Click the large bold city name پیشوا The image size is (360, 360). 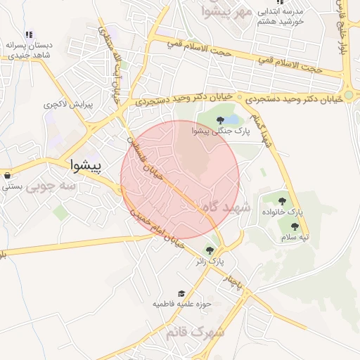pyautogui.click(x=86, y=166)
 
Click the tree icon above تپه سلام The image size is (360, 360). pyautogui.click(x=294, y=226)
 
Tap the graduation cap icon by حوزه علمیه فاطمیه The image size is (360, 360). pyautogui.click(x=181, y=293)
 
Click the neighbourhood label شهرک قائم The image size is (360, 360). pyautogui.click(x=195, y=331)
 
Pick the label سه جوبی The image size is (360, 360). pyautogui.click(x=58, y=186)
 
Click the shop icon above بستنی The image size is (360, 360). pyautogui.click(x=7, y=176)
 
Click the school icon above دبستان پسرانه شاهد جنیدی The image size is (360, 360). pyautogui.click(x=28, y=34)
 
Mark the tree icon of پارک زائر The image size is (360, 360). pyautogui.click(x=209, y=249)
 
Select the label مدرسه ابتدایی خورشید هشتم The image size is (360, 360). pyautogui.click(x=280, y=17)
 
